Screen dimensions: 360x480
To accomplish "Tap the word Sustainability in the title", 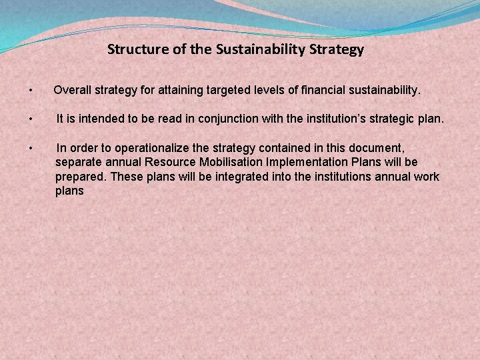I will click(x=261, y=49).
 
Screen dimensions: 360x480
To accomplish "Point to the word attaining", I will click(x=173, y=90).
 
